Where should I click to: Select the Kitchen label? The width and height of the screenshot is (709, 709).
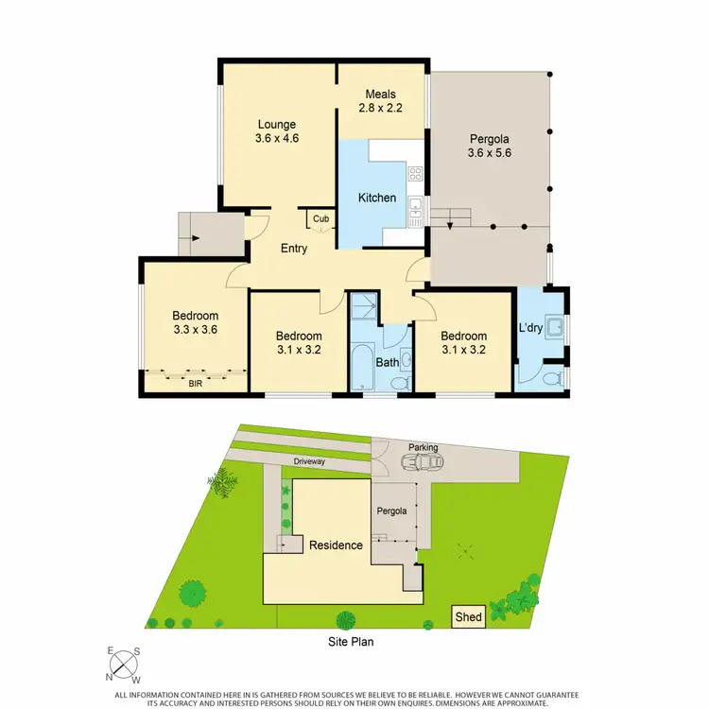click(x=376, y=198)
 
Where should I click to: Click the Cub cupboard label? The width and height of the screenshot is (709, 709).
click(x=321, y=219)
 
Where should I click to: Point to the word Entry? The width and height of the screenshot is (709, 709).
click(x=293, y=249)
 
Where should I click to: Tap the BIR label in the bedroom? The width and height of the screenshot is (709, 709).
click(x=196, y=384)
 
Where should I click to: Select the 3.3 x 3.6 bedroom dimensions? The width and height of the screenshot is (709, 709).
click(x=196, y=330)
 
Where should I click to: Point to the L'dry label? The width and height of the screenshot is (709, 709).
click(x=530, y=329)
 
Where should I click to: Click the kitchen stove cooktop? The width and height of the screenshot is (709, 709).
click(x=414, y=172)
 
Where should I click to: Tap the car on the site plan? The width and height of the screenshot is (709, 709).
click(x=422, y=462)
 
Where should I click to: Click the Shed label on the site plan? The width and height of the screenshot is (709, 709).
click(x=469, y=617)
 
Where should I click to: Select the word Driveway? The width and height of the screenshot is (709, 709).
click(x=309, y=461)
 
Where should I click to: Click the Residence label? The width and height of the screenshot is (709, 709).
click(x=336, y=545)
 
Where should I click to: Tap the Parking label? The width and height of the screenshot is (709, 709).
click(x=423, y=447)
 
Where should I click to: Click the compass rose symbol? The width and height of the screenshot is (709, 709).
click(x=124, y=666)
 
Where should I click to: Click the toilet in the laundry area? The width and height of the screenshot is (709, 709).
click(x=555, y=376)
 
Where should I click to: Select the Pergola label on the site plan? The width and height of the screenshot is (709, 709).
click(x=392, y=510)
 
